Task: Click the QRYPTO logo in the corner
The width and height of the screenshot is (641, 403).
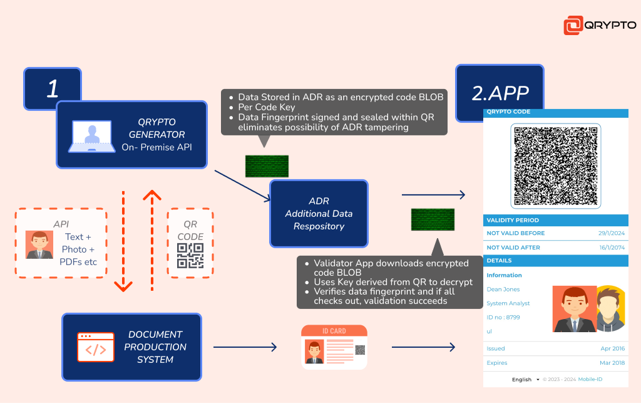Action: pos(600,25)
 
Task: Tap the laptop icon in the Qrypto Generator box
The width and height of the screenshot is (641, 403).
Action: pos(92,136)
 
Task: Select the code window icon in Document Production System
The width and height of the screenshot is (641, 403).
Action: pos(96,347)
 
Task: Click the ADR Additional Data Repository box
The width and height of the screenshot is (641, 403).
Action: pos(319,214)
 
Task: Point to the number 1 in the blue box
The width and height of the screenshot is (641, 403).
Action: pos(53,88)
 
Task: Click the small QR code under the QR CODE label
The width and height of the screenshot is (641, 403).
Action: pos(190,256)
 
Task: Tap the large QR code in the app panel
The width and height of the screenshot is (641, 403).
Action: pos(556,166)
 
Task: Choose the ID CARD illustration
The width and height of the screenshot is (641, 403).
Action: pos(334,347)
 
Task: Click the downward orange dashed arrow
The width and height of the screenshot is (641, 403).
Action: pos(123,241)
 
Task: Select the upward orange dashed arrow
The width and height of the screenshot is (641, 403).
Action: pos(152,241)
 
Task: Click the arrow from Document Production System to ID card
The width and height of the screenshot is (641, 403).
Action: pos(245,347)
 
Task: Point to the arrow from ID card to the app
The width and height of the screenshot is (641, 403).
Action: pos(424,347)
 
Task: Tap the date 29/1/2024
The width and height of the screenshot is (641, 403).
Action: pos(612,233)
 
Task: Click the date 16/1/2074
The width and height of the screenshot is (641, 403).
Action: pos(612,248)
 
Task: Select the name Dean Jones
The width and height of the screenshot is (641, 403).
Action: pos(503,290)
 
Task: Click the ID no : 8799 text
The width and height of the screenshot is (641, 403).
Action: pos(503,317)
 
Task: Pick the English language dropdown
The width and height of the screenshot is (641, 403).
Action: pos(526,380)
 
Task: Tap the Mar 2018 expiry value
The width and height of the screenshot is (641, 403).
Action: pos(612,363)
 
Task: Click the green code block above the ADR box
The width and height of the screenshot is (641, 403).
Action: pos(267,166)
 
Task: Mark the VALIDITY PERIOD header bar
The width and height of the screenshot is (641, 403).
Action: pos(556,220)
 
